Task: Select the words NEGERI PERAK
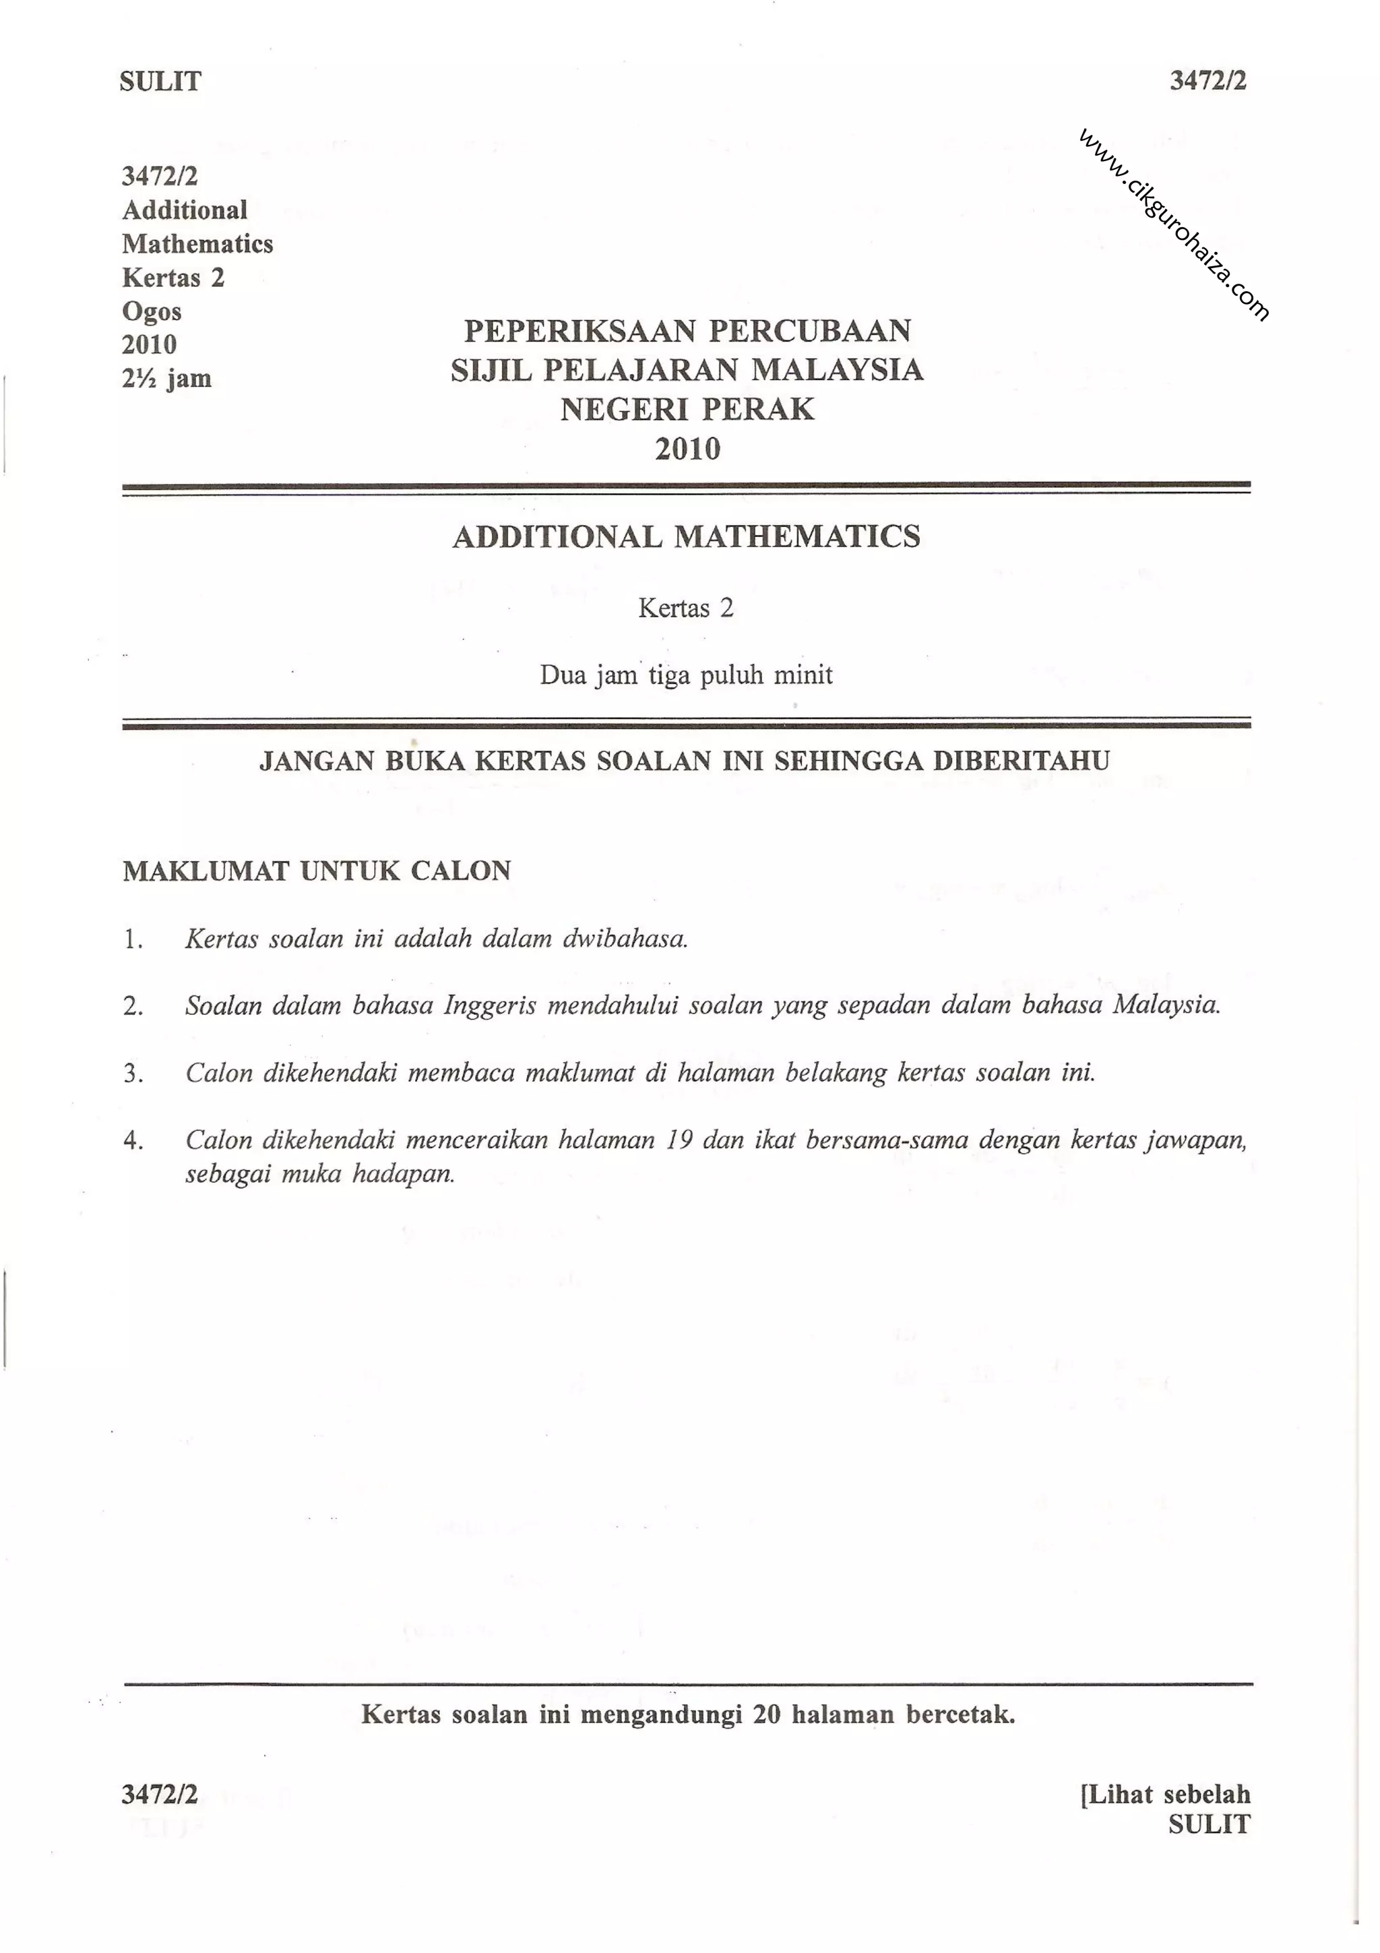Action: [x=687, y=409]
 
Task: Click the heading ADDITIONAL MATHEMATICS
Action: [x=686, y=536]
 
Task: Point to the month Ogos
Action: [x=152, y=311]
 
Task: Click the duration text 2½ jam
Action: [x=166, y=379]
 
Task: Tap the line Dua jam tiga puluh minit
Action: [x=686, y=675]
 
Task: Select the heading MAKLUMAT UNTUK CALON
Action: [x=316, y=871]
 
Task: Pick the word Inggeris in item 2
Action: [x=490, y=1005]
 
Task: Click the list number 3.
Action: [x=132, y=1074]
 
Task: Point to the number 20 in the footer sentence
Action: [x=766, y=1714]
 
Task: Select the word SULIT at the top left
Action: [x=160, y=82]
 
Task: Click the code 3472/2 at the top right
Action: [x=1207, y=81]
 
